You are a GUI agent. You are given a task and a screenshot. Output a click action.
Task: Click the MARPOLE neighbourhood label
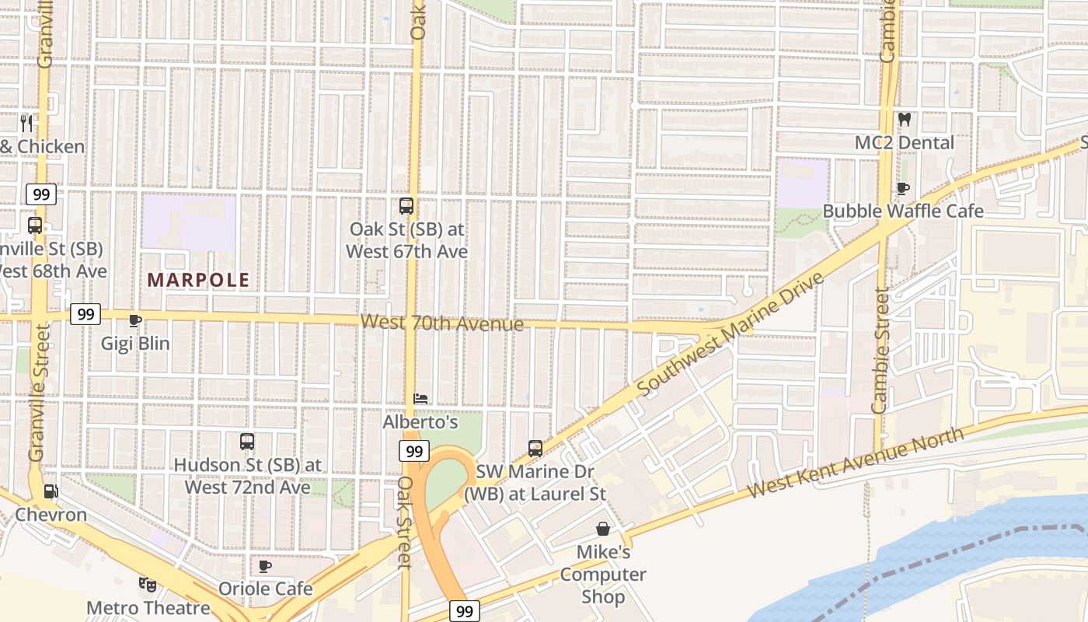tap(198, 280)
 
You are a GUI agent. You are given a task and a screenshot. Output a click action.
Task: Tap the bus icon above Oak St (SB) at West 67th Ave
tap(406, 206)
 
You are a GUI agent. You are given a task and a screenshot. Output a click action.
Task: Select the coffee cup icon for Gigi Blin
tap(134, 320)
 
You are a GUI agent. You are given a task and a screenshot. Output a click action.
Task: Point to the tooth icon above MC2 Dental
tap(904, 120)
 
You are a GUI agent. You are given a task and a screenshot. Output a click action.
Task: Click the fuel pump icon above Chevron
tap(51, 491)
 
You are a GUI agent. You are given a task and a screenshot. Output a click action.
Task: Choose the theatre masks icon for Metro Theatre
tap(147, 584)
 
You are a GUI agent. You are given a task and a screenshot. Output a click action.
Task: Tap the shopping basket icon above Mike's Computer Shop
tap(602, 529)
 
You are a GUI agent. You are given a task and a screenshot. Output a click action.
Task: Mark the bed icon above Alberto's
tap(420, 399)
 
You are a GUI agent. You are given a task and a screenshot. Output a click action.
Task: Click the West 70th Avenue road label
tap(442, 322)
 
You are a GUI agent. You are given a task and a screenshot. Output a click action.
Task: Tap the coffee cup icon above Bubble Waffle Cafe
tap(903, 188)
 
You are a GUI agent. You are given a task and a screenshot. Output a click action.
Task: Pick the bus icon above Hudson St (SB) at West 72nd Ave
tap(247, 442)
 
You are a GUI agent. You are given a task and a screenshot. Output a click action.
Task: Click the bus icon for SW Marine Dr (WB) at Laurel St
tap(535, 449)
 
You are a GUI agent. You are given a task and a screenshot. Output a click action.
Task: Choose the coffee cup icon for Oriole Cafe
tap(265, 566)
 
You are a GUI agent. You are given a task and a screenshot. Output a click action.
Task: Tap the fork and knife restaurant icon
tap(26, 123)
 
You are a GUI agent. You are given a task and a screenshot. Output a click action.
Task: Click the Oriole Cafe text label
tap(265, 589)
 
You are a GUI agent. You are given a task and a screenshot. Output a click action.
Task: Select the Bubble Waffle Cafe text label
tap(903, 211)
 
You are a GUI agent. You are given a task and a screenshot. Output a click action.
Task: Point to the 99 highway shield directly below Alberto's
tap(415, 451)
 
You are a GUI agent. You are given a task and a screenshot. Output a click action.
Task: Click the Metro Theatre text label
tap(148, 607)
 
